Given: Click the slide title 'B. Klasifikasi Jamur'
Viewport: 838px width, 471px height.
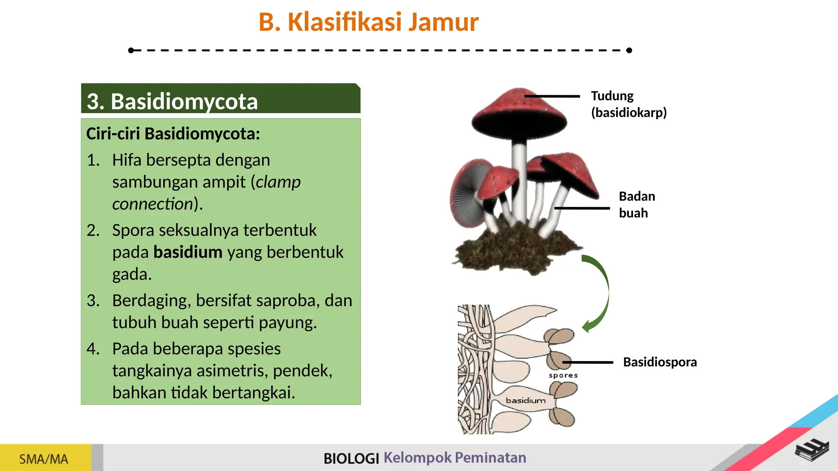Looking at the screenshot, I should coord(368,22).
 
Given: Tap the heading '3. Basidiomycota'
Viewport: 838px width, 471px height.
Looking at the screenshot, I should coord(172,101).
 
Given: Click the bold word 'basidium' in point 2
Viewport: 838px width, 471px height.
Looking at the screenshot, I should coord(188,252).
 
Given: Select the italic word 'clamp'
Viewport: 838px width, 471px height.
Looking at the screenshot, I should coord(278,182).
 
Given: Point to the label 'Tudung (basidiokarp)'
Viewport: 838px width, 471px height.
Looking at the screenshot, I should coord(628,104).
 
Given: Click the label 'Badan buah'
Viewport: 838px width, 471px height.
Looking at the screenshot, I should coord(636,204).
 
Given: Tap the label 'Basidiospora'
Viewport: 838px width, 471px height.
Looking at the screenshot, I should coord(660,362).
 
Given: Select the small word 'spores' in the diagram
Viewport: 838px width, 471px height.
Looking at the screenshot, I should coord(563,375).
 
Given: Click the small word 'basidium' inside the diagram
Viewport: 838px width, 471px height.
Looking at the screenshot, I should coord(526,400).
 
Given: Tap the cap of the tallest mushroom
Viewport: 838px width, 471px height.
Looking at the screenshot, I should coord(519,110).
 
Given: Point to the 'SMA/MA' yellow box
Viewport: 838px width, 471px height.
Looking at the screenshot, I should coord(44,459).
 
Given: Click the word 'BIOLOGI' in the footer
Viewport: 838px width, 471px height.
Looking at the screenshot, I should coord(351,458).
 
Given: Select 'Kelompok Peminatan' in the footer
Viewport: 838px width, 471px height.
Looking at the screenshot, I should coord(455,458).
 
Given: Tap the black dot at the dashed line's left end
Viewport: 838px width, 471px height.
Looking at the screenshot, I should coord(131,50).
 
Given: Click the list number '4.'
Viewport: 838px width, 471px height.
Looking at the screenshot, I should coord(93,349).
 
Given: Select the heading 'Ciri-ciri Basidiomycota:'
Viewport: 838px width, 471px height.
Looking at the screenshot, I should coord(173,134).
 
